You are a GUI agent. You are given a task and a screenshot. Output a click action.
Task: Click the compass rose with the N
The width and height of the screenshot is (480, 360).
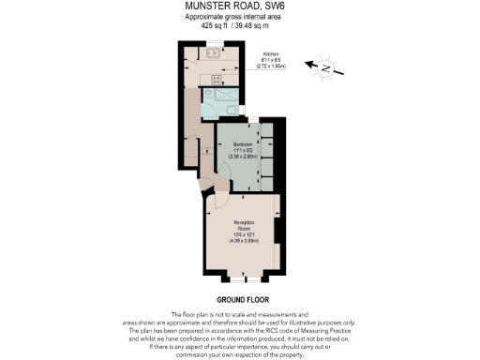coord(325,67)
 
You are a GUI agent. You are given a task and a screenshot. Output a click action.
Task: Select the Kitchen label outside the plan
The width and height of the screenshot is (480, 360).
coord(271,55)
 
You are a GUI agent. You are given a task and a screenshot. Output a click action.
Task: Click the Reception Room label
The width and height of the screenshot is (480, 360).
coord(246,225)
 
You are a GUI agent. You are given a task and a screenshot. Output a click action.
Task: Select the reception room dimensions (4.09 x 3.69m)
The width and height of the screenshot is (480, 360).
coord(246,241)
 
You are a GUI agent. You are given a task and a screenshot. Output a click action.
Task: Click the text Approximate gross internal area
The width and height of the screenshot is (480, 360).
coord(239,17)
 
